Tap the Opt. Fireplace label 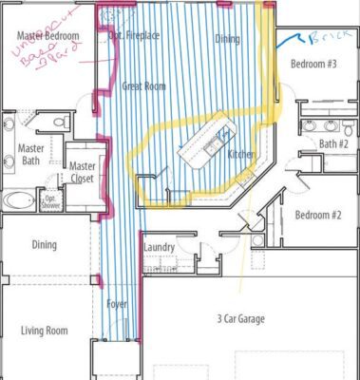134,36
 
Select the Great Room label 144,86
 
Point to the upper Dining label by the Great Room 227,40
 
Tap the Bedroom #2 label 317,215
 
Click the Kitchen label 240,152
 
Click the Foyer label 117,304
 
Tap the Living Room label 45,331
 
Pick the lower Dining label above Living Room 44,245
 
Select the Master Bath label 29,155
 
